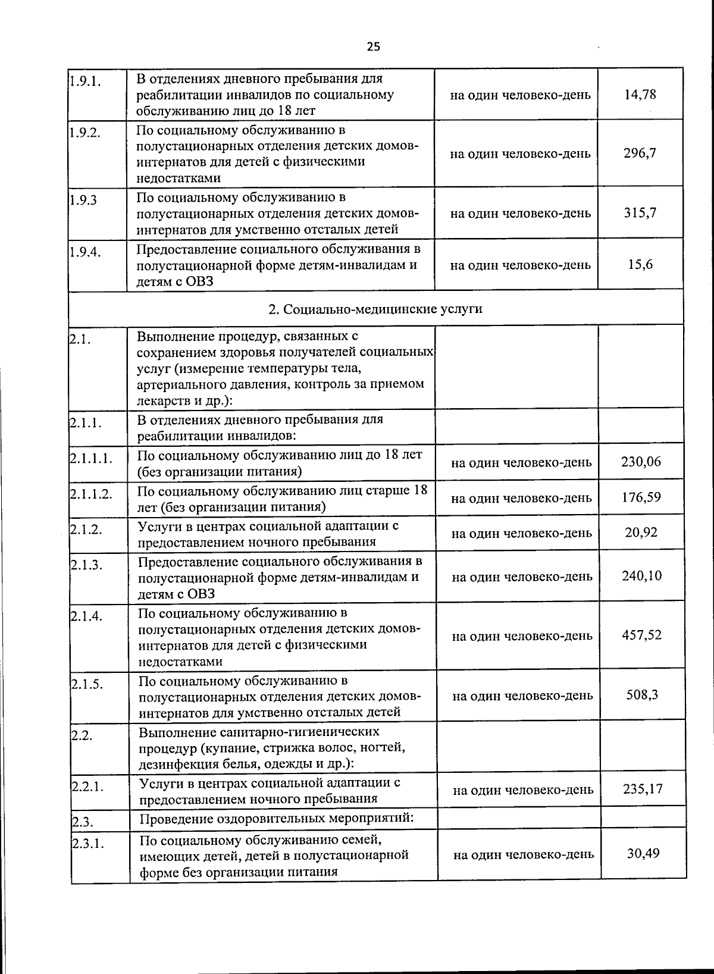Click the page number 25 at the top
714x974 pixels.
click(373, 46)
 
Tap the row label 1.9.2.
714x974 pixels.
click(84, 133)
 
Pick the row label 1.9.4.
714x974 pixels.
click(84, 252)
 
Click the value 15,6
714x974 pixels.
click(640, 265)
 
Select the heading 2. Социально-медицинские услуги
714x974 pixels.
click(375, 309)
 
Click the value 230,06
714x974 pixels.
click(641, 462)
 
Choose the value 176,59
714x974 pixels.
click(641, 497)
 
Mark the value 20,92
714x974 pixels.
click(641, 533)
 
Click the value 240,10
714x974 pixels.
click(641, 576)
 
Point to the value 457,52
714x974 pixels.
click(641, 635)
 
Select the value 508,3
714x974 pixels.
click(642, 695)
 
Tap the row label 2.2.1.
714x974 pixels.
click(87, 787)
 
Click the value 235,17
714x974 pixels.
click(643, 790)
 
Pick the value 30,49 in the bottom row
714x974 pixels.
click(643, 854)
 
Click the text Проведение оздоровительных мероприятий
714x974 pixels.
click(276, 818)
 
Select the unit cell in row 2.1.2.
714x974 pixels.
click(521, 533)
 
